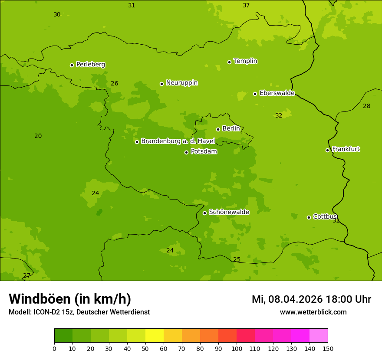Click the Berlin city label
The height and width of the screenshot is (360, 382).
point(231,129)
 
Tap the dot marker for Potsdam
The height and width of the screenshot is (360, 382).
point(187,152)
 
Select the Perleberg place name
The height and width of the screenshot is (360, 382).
point(91,65)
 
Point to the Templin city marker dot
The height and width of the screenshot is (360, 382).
point(229,62)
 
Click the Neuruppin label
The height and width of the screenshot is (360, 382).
point(182,83)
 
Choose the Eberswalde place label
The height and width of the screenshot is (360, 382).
point(277,93)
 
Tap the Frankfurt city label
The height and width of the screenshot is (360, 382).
point(346,149)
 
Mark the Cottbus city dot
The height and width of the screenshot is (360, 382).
point(309,217)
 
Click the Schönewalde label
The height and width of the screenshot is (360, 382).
point(229,212)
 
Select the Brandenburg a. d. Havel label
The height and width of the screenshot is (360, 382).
point(178,141)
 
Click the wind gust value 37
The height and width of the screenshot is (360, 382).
point(246,6)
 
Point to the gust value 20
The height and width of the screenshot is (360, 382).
point(38,136)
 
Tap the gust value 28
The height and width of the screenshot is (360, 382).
point(367,106)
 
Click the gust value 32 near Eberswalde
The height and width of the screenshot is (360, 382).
point(279,116)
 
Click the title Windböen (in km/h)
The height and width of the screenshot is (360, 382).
point(70,299)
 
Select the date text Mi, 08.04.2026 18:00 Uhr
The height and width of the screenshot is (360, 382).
point(311,299)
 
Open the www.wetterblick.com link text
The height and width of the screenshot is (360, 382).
point(313,312)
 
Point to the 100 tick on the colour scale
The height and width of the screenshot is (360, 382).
point(237,348)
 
